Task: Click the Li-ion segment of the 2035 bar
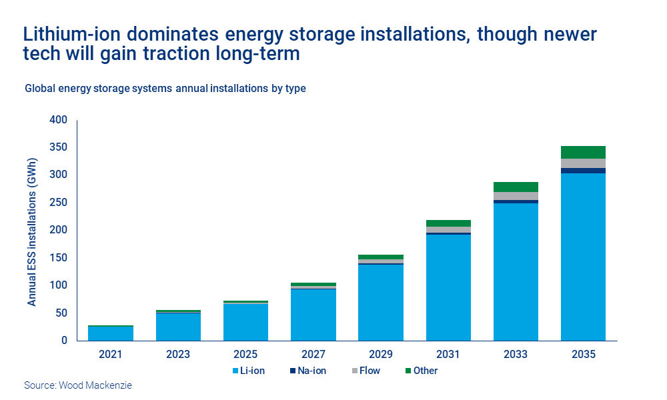(x=582, y=257)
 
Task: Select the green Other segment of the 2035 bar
(x=582, y=152)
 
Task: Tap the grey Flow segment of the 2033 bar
(x=515, y=196)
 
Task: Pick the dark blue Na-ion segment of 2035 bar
(x=582, y=171)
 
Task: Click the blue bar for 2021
(x=111, y=333)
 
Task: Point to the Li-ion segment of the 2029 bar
(x=380, y=302)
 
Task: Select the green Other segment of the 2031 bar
(x=448, y=223)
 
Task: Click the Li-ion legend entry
(x=249, y=371)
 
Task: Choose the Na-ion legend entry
(x=309, y=371)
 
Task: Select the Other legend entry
(x=421, y=371)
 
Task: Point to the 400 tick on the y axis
(x=59, y=121)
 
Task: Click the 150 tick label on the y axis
(x=59, y=258)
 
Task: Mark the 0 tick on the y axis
(x=64, y=341)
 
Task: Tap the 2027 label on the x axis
(x=313, y=355)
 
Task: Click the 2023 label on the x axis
(x=178, y=355)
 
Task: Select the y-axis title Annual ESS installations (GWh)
(x=32, y=232)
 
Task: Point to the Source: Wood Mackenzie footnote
(x=78, y=385)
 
